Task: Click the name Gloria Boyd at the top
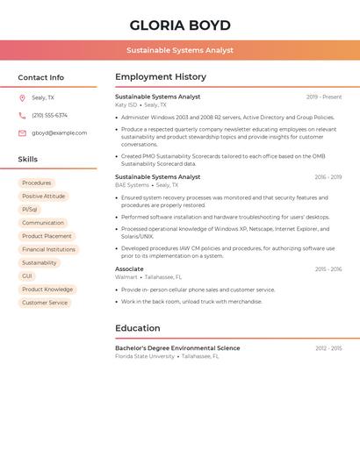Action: [x=180, y=25]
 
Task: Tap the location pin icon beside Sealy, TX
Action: [x=22, y=98]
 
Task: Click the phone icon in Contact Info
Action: [x=22, y=116]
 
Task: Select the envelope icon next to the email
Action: [x=22, y=133]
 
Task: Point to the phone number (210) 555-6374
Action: [x=49, y=116]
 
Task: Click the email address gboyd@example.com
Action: [x=59, y=133]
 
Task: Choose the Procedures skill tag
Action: [x=36, y=183]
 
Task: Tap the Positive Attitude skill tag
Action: [x=43, y=197]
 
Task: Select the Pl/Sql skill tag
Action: [x=30, y=210]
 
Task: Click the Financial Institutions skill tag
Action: [x=48, y=249]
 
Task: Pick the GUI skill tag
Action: [x=27, y=276]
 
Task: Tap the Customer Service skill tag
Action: [x=45, y=303]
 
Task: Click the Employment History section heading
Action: [x=161, y=77]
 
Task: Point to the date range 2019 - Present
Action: [x=324, y=97]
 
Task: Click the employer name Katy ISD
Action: [x=126, y=105]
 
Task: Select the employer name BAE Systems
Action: [x=132, y=185]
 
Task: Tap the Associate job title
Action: [x=129, y=269]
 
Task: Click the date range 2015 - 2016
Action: [x=328, y=269]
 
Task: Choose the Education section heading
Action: [x=138, y=328]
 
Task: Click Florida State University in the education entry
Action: [x=145, y=356]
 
